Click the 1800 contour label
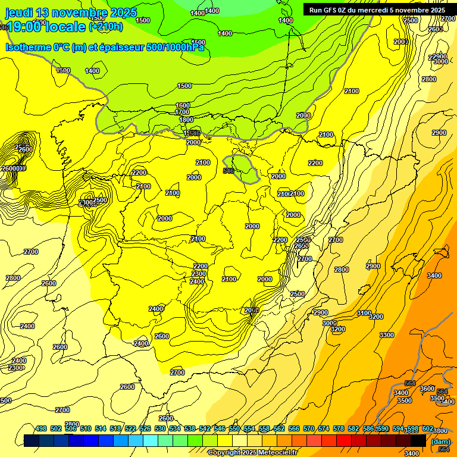click(186, 120)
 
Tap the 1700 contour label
click(182, 112)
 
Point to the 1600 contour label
click(183, 105)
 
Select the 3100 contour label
click(364, 314)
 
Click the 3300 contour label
click(387, 336)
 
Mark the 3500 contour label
click(405, 401)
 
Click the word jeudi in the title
click(20, 12)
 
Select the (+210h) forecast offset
click(106, 26)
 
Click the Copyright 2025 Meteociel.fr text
click(252, 453)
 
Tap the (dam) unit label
click(440, 442)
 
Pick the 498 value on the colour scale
click(41, 429)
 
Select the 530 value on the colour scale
click(160, 429)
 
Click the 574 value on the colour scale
click(324, 429)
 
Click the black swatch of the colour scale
click(418, 440)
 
